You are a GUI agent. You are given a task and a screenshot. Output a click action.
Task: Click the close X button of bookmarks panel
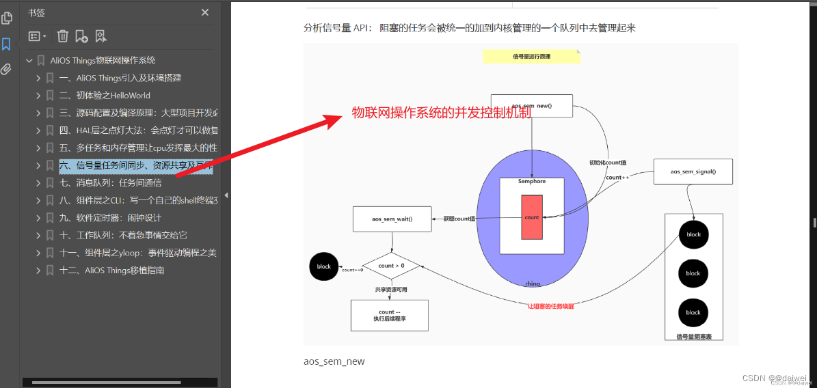pyautogui.click(x=205, y=12)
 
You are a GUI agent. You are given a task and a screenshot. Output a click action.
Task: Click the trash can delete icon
pyautogui.click(x=63, y=36)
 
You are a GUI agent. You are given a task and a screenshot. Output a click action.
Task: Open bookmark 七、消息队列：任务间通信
pyautogui.click(x=110, y=183)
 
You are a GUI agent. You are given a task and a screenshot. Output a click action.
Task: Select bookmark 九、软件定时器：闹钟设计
pyautogui.click(x=110, y=218)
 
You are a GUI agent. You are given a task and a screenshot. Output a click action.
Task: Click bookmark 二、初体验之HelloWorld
pyautogui.click(x=105, y=96)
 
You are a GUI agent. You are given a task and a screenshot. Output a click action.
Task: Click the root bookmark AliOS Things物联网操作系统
pyautogui.click(x=103, y=61)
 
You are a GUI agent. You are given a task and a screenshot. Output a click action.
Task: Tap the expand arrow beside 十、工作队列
pyautogui.click(x=38, y=236)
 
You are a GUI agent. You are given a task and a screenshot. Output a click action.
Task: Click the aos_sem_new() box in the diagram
pyautogui.click(x=532, y=106)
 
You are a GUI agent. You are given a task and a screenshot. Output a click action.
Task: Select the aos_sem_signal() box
pyautogui.click(x=693, y=171)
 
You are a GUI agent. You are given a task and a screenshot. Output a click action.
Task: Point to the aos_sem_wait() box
pyautogui.click(x=392, y=219)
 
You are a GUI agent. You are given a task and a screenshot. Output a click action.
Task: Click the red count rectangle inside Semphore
pyautogui.click(x=532, y=217)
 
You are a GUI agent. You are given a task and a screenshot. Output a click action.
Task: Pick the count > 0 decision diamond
pyautogui.click(x=391, y=266)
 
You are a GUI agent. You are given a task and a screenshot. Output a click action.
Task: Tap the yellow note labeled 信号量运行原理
pyautogui.click(x=531, y=56)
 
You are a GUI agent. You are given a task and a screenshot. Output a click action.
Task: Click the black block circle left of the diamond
pyautogui.click(x=323, y=266)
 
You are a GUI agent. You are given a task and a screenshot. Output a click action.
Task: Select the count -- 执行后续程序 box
pyautogui.click(x=389, y=316)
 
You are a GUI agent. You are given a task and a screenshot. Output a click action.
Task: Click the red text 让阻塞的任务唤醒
pyautogui.click(x=550, y=306)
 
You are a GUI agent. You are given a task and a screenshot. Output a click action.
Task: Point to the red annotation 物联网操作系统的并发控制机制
pyautogui.click(x=441, y=113)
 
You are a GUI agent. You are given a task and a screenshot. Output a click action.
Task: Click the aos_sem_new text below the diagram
pyautogui.click(x=334, y=361)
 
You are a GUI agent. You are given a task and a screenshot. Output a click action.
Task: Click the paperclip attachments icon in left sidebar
pyautogui.click(x=7, y=69)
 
